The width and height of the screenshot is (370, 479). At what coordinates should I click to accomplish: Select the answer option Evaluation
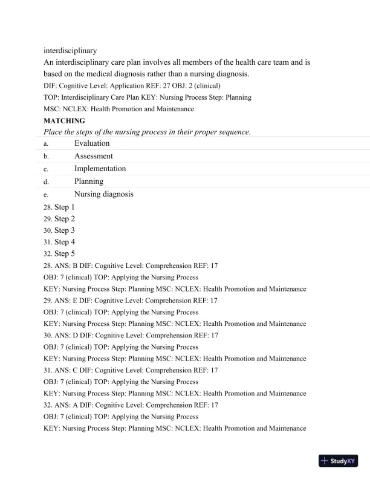coord(92,143)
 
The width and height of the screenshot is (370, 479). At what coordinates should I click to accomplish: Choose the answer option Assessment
coord(94,156)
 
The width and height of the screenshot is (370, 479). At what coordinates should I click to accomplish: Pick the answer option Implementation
coord(100,169)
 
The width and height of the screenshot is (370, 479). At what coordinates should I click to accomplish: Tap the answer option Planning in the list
coord(89,181)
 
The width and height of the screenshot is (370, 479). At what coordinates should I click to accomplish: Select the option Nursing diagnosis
coord(103,194)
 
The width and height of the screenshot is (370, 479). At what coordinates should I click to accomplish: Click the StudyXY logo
coord(338,461)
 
